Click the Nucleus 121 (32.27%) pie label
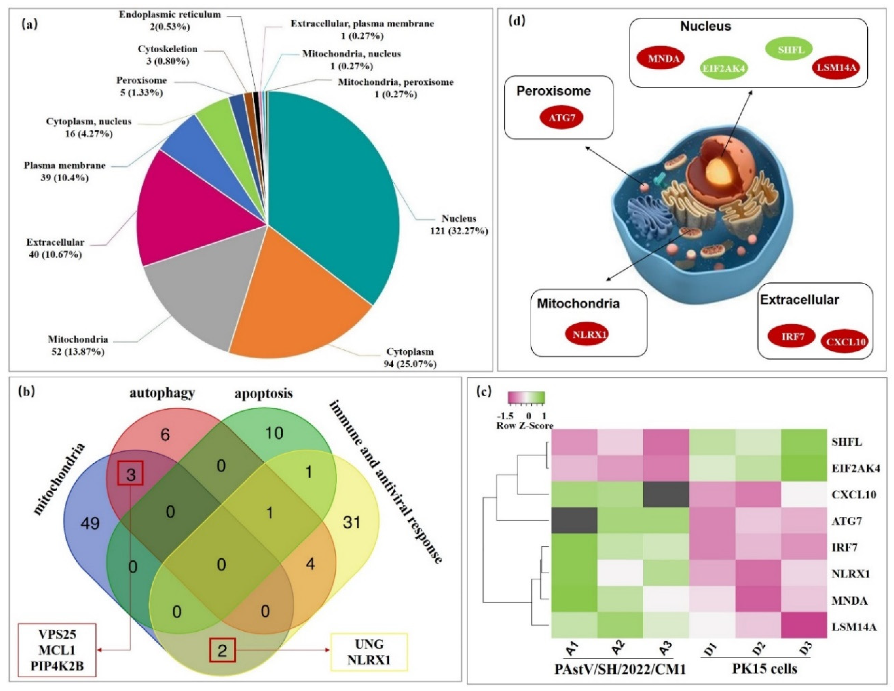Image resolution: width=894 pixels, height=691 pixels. (x=458, y=225)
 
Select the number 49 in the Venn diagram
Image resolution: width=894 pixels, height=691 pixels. (x=90, y=523)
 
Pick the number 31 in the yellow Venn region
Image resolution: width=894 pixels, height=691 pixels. (x=351, y=522)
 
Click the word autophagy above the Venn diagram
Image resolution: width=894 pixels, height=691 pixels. (x=162, y=393)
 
